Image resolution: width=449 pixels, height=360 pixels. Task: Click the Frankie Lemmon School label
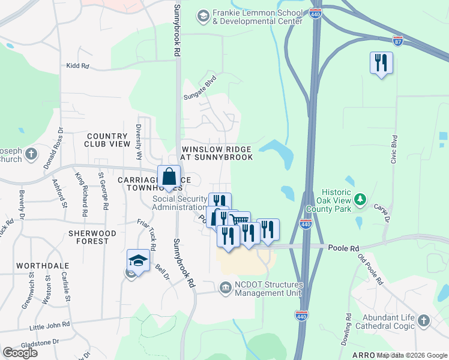pos(257,17)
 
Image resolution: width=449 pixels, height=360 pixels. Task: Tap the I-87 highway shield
pos(397,40)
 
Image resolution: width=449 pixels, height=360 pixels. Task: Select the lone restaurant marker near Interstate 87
pos(381,63)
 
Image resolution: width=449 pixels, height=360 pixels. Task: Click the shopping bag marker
pos(169,178)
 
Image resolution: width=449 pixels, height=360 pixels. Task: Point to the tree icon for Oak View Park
pos(360,198)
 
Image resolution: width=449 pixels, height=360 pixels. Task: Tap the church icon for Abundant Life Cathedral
pos(424,320)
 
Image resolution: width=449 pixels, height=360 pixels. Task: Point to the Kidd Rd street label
pos(77,65)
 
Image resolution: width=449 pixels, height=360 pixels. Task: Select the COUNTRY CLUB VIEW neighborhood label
pos(108,140)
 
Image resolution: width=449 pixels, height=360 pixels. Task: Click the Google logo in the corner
pos(20,353)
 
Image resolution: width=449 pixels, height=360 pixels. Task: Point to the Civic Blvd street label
pos(394,149)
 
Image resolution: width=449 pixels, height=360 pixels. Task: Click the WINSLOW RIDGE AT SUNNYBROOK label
pos(217,153)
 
